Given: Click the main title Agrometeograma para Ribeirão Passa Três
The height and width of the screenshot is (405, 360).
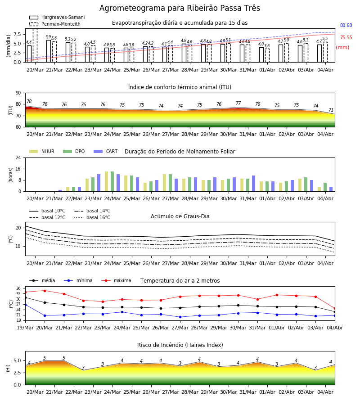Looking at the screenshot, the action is coord(180,8).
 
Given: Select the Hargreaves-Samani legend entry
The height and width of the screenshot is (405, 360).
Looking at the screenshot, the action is coord(57,17).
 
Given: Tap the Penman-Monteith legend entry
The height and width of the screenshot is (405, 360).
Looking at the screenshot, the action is coord(55,24).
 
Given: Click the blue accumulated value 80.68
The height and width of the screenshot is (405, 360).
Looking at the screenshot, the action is coord(346,25).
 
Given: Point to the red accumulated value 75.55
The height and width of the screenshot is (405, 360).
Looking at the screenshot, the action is coord(346,37).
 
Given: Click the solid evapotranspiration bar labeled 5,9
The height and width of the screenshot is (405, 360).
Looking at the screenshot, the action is coord(49,51).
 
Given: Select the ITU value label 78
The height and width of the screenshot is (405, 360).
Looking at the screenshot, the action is coord(29,102).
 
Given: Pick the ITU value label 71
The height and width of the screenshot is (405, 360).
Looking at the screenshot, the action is coord(331,110).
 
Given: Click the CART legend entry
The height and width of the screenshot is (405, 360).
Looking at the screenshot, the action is coord(106,151).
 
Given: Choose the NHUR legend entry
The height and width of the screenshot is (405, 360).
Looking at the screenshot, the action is coord(42,151).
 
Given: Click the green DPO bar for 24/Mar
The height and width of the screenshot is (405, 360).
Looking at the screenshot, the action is coord(112,181).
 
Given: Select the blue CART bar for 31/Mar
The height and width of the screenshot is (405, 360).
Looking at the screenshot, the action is coord(254,184).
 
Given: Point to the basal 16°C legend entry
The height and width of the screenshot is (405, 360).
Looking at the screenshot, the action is coord(92,217).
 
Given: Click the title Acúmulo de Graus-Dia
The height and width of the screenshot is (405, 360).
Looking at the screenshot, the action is coord(180,216).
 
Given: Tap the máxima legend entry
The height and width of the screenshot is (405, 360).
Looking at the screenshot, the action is coord(117,280).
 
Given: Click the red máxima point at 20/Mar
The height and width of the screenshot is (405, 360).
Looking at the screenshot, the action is coord(45,291).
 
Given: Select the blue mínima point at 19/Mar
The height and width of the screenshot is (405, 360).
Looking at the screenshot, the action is coord(25,305).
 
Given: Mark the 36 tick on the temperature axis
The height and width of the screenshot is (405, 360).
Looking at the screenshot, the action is coord(18,288).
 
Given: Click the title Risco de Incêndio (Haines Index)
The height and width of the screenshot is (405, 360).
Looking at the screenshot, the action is coord(180,345).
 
